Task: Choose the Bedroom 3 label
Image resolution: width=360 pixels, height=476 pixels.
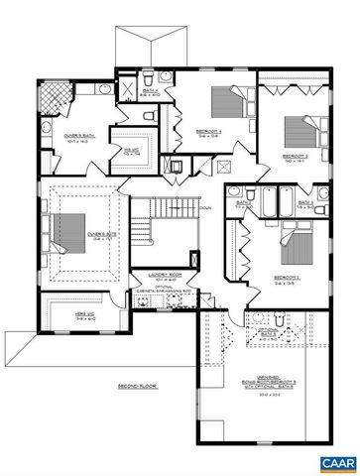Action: click(x=296, y=156)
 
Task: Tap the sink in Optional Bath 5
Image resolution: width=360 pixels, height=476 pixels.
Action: click(x=281, y=318)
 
